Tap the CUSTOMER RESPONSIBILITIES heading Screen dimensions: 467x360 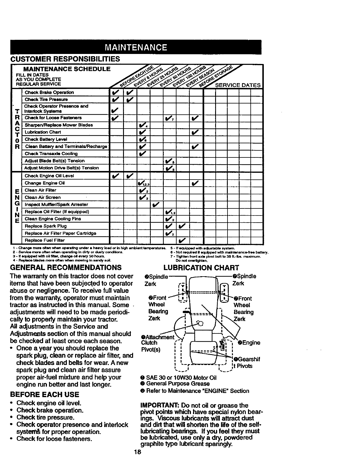click(65, 59)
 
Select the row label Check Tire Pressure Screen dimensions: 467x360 click(46, 99)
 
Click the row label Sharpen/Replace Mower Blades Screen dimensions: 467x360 click(59, 125)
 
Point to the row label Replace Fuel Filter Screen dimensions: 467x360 click(45, 240)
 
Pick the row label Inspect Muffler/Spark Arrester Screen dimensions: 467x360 click(56, 204)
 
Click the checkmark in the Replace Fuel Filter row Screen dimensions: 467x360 click(182, 240)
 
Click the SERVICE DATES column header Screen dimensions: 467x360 click(238, 85)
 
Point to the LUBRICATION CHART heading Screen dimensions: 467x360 click(201, 267)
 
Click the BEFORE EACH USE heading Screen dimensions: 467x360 click(45, 395)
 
